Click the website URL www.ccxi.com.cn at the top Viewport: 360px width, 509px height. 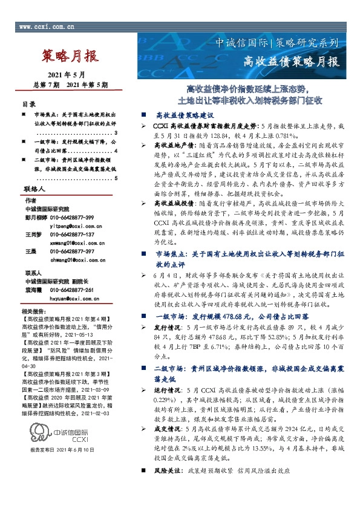tap(47, 27)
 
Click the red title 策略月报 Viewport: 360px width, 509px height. tap(71, 57)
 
